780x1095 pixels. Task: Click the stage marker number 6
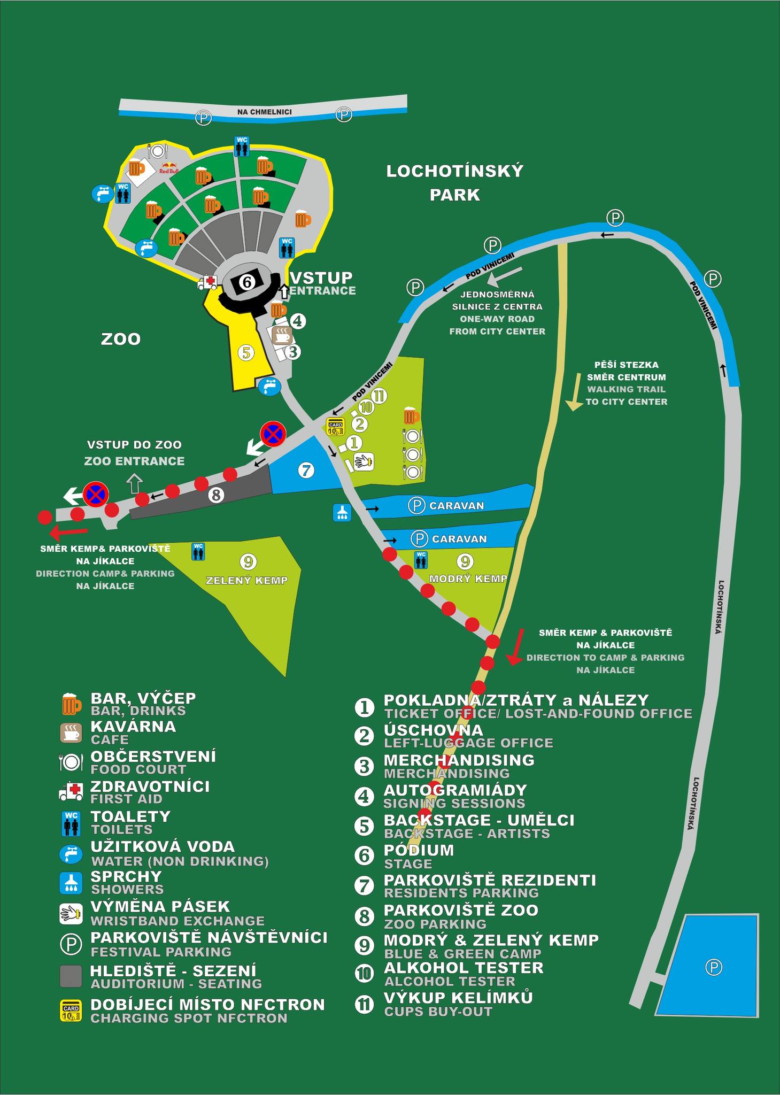246,281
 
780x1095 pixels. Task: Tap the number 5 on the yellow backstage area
246,353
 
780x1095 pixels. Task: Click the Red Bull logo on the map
168,168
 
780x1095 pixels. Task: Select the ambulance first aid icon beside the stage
207,282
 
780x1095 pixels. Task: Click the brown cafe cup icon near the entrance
282,336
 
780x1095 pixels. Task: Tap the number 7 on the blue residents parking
306,471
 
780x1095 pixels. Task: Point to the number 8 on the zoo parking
216,495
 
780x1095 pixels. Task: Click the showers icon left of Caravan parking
342,512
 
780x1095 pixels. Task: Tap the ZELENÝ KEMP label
246,581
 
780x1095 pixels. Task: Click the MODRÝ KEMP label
468,579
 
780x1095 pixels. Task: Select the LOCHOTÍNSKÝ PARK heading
455,183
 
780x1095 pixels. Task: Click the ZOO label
121,339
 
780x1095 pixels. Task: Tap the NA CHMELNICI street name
265,112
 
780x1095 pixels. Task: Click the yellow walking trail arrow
575,392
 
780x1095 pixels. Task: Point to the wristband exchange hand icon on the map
363,461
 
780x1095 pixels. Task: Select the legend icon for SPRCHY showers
71,883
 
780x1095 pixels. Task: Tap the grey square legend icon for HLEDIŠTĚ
71,976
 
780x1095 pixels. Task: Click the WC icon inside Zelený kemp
198,551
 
